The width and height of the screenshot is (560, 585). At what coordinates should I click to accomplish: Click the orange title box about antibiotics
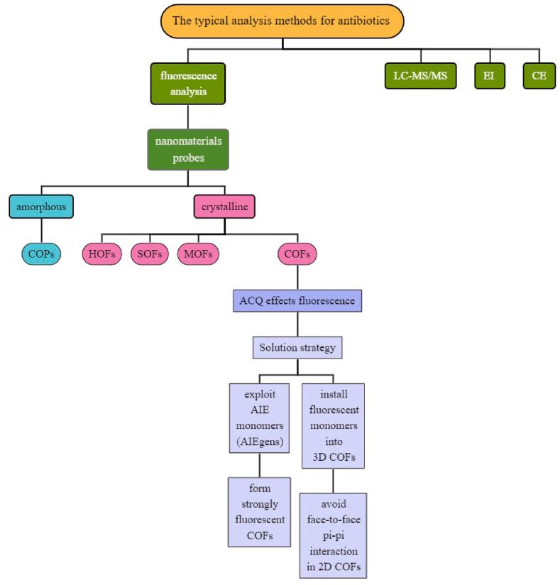282,21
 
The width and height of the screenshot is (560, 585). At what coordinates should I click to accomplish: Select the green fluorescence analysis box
187,84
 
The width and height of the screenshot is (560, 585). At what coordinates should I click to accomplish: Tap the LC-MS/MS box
420,75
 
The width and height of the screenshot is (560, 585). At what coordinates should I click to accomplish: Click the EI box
490,75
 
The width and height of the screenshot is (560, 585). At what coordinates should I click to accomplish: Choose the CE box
539,75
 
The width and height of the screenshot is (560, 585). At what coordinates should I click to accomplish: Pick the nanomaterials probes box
187,149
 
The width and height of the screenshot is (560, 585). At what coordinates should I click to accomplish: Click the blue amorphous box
40,207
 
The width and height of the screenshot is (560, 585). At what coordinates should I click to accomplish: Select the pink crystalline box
224,207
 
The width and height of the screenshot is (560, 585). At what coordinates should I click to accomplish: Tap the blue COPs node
40,253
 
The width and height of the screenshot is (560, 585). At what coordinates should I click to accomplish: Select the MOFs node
198,253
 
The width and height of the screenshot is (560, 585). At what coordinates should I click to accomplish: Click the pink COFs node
297,253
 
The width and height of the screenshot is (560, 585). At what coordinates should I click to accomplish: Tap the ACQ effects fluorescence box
297,300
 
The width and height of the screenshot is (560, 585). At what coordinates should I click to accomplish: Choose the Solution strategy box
297,348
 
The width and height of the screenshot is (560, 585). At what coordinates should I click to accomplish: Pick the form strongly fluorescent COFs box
260,511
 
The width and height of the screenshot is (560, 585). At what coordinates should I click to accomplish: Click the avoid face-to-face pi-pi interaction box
334,535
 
